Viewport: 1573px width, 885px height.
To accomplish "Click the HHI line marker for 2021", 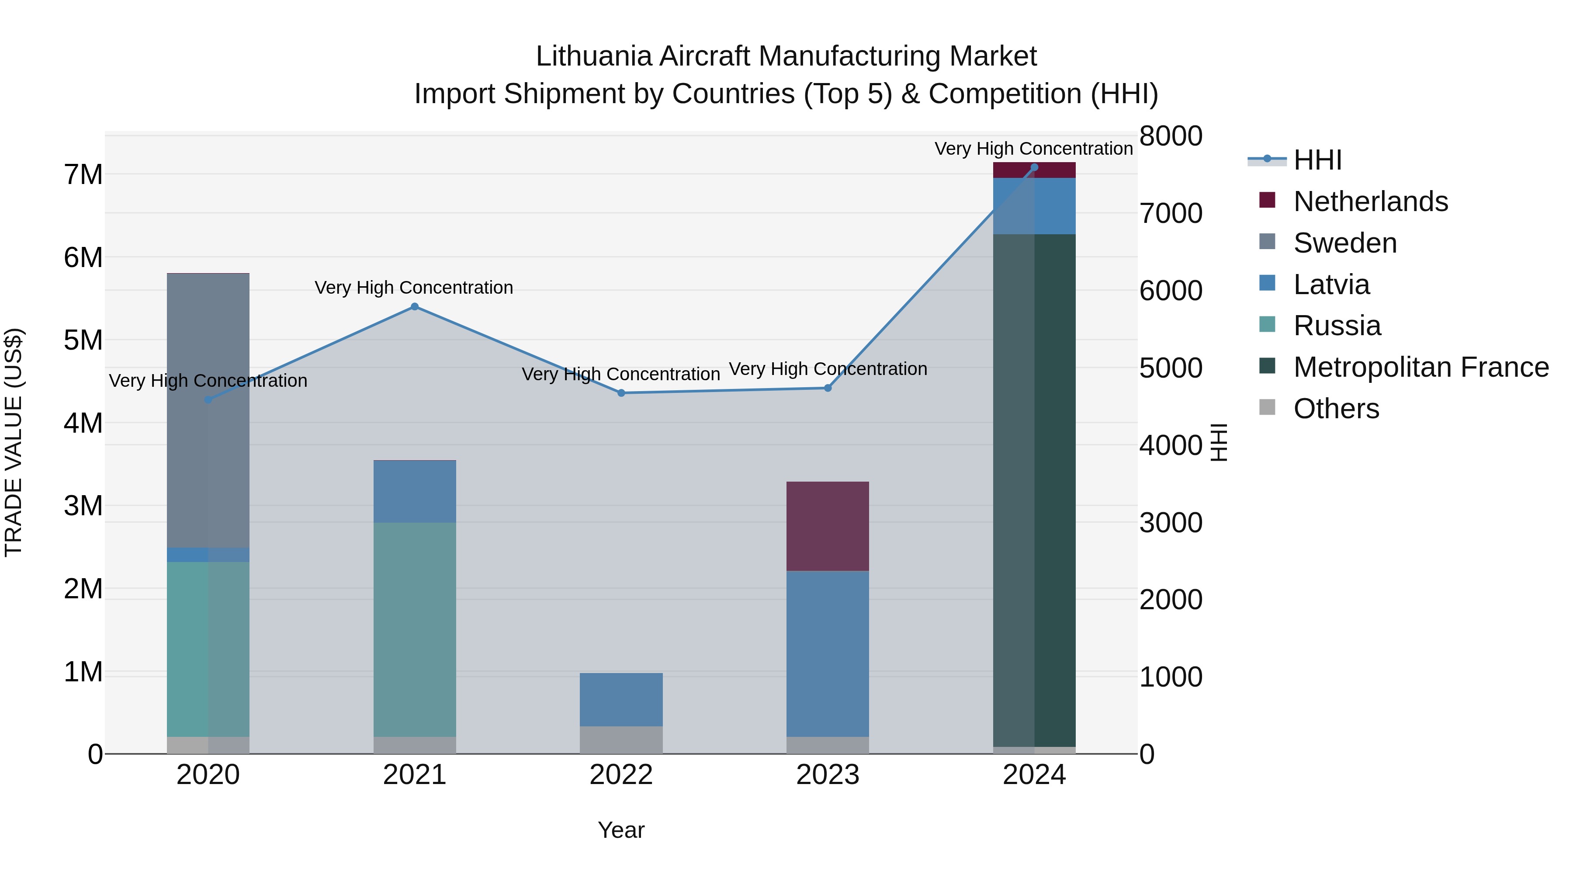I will [415, 307].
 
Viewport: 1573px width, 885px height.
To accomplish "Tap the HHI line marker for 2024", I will [1034, 167].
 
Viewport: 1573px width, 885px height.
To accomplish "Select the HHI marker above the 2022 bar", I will [621, 393].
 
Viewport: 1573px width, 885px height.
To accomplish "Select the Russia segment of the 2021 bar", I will [415, 629].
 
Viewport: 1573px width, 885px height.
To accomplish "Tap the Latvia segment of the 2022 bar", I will [621, 699].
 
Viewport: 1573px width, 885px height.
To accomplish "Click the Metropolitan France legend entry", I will [1421, 367].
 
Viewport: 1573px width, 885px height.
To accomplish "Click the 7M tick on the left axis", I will [83, 175].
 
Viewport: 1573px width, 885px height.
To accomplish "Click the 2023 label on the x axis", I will [828, 775].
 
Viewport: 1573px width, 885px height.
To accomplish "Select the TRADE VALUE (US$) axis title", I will [14, 442].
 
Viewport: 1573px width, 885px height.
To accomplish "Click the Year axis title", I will [621, 830].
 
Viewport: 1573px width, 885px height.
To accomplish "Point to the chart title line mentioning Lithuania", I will [786, 56].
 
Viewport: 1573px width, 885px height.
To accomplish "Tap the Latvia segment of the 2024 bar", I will [1034, 206].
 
